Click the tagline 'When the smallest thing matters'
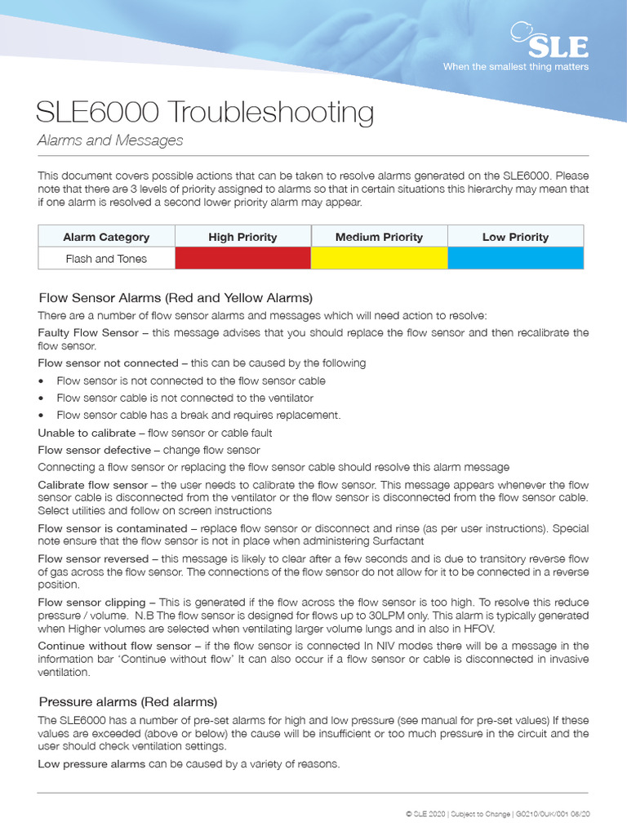coord(515,67)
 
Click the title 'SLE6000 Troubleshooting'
coord(206,112)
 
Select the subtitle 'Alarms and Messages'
coord(110,140)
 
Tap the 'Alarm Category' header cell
coord(106,237)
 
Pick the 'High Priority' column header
coord(242,237)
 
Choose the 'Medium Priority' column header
coord(379,237)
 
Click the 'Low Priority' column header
coord(515,237)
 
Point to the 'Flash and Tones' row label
coord(106,259)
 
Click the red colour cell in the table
coord(242,259)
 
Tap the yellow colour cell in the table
coord(379,259)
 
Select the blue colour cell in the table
coord(515,259)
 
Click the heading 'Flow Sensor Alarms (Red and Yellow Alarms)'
coord(176,298)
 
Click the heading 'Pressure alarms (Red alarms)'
coord(128,701)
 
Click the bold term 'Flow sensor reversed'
coord(93,559)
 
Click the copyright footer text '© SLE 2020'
coord(425,814)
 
